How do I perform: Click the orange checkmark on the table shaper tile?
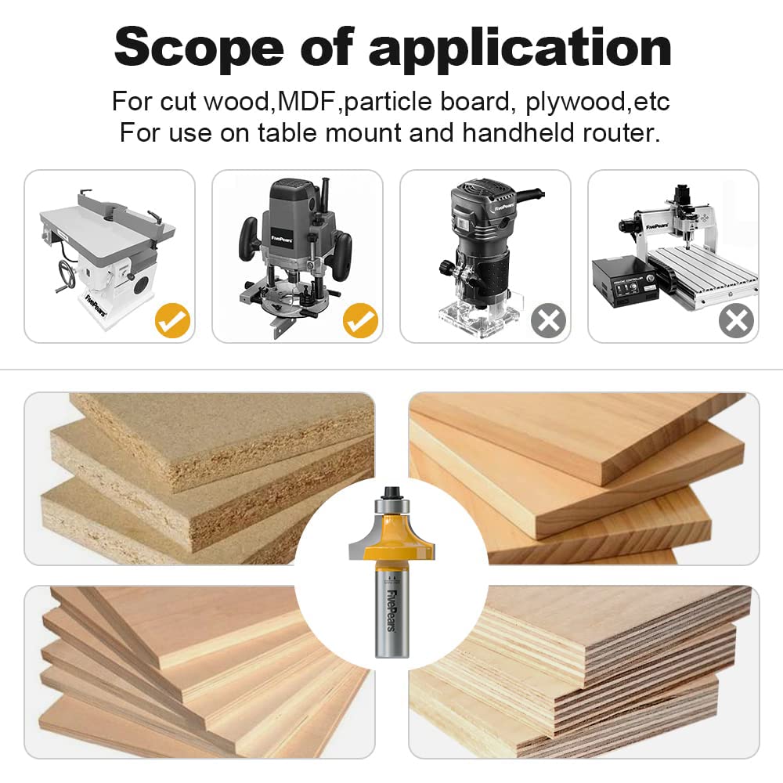(x=172, y=320)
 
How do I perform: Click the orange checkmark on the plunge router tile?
(x=360, y=320)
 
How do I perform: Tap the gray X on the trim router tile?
(x=548, y=320)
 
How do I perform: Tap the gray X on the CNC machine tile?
(x=736, y=320)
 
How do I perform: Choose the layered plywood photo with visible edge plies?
(x=611, y=673)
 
